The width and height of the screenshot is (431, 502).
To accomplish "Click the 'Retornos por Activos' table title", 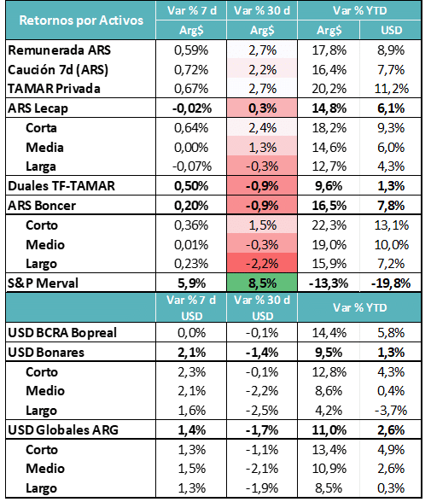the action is [81, 20].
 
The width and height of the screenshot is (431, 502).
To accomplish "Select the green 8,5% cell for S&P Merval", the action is [262, 283].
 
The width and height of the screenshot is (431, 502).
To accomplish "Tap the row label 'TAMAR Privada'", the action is [54, 89].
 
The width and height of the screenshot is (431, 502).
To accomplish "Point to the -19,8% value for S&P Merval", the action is [391, 283].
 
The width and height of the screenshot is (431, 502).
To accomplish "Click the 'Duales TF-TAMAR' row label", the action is [61, 186].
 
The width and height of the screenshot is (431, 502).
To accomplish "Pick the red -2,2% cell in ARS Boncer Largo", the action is [262, 264].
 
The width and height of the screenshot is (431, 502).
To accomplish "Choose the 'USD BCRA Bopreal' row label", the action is [62, 333].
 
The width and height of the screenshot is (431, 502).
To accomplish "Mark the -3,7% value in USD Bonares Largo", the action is [391, 411].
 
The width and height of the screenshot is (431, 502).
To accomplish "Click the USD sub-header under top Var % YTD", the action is [391, 30].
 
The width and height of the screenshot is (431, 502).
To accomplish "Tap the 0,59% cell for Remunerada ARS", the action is [191, 50].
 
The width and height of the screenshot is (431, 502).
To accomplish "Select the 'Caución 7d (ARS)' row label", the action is [58, 70].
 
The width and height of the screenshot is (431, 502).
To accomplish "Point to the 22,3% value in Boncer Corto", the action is [329, 225].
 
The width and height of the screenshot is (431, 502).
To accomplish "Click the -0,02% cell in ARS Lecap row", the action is [192, 108].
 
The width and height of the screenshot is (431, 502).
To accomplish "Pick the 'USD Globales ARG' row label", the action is [63, 430].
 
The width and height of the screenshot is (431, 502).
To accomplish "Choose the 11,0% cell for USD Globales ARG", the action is [329, 430].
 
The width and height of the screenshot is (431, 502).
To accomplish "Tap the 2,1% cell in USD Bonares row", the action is [191, 353].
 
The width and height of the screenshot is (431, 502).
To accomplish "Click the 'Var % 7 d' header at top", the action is [192, 10].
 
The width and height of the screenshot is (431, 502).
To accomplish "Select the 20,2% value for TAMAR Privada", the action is [329, 89].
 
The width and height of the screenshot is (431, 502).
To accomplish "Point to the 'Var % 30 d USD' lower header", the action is [262, 307].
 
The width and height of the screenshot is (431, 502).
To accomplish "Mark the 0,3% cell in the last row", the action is [391, 488].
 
